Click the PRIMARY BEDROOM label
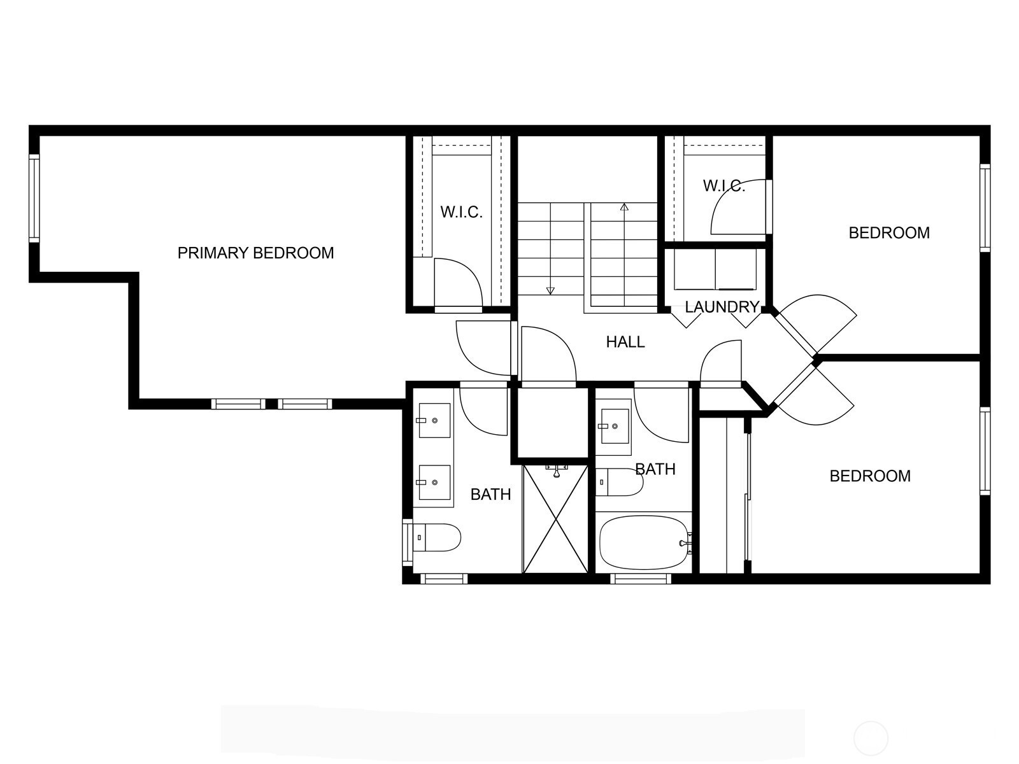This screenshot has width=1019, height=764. (x=256, y=253)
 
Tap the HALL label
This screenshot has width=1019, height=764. (x=625, y=342)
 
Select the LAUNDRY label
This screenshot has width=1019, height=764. (x=722, y=307)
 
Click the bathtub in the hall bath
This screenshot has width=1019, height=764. (x=643, y=542)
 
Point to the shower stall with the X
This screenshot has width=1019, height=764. (x=555, y=519)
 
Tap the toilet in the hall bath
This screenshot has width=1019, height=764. (x=619, y=482)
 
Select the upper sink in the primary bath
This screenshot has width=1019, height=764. (x=434, y=420)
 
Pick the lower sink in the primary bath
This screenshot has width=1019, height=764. (x=434, y=483)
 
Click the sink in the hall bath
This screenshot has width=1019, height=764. (x=614, y=426)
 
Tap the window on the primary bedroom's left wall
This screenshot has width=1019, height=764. (x=34, y=198)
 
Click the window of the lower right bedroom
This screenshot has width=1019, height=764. (x=985, y=451)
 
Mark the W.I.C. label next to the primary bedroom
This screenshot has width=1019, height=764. (x=462, y=212)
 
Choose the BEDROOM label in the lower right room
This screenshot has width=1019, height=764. (x=870, y=476)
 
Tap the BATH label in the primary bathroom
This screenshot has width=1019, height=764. (x=490, y=495)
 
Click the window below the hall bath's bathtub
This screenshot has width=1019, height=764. (x=641, y=579)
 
